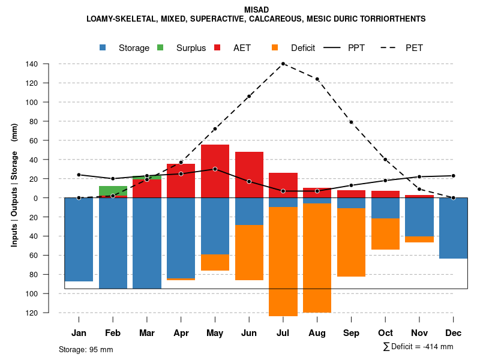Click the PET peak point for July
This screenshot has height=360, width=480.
tap(283, 64)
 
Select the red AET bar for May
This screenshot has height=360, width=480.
tap(215, 171)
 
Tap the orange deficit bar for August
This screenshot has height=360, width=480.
tap(317, 258)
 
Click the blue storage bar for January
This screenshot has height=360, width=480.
tap(79, 239)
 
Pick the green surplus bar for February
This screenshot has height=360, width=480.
tap(113, 191)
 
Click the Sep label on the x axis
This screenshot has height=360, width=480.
tap(351, 333)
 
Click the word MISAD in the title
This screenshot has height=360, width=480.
tap(257, 10)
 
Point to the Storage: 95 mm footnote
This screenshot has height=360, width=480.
tap(86, 349)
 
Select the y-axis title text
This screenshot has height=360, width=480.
tap(14, 185)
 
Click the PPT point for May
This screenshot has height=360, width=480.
tap(215, 169)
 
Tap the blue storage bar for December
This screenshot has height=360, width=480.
tap(454, 228)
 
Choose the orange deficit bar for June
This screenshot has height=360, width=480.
tap(249, 253)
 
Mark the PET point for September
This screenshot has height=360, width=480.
tap(351, 122)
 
